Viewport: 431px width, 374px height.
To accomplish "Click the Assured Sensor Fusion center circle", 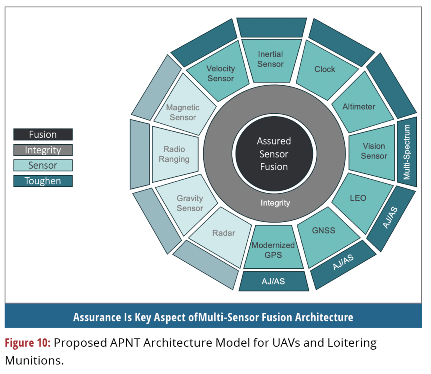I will tap(274, 154).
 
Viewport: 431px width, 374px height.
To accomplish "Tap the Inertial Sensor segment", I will tap(271, 59).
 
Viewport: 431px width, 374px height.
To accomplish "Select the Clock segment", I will tap(325, 69).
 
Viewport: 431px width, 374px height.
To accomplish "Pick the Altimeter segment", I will tap(359, 107).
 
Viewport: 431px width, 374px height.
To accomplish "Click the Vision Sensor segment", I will tap(374, 151).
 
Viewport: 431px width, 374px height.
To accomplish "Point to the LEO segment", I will tap(358, 198).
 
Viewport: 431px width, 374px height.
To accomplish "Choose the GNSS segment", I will tap(323, 231).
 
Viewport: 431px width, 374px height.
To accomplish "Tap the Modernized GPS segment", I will tap(273, 250).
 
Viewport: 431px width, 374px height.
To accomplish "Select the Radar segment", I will tap(223, 233).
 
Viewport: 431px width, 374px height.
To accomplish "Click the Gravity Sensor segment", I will tap(189, 203).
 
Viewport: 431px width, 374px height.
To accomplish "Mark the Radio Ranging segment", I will tap(174, 154).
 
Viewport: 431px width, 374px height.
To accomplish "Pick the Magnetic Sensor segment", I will tap(183, 112).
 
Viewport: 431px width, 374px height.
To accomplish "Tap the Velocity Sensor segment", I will tap(221, 73).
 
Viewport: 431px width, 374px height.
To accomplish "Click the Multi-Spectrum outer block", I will tap(407, 152).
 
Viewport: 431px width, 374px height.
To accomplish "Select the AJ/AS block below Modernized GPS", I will tap(274, 281).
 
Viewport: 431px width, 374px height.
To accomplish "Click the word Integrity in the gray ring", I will tap(275, 203).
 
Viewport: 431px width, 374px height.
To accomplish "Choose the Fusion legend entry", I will tap(43, 135).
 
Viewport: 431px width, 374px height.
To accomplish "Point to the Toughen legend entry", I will tap(43, 181).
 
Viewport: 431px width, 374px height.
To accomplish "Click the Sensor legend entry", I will tap(43, 166).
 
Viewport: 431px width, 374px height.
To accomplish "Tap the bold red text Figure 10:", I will tap(28, 343).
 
